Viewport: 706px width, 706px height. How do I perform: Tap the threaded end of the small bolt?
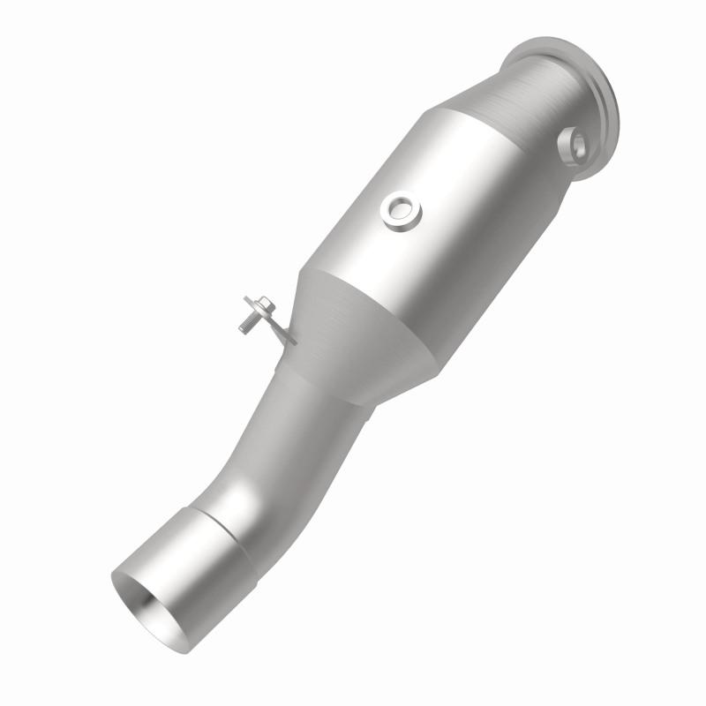(x=244, y=327)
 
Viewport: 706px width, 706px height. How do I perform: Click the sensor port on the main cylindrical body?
(x=402, y=209)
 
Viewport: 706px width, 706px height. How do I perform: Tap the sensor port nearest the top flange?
(x=579, y=145)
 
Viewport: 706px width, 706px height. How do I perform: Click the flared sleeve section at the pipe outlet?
(x=190, y=565)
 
